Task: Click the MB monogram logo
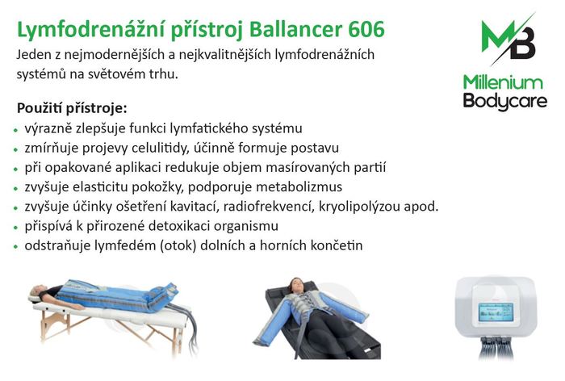[508, 40]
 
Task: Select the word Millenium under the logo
[503, 82]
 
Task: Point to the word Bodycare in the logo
[504, 101]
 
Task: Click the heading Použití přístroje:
[72, 108]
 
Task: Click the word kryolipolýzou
[359, 207]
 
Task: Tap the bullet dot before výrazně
[15, 130]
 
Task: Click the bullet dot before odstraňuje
[15, 247]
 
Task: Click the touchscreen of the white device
[496, 312]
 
